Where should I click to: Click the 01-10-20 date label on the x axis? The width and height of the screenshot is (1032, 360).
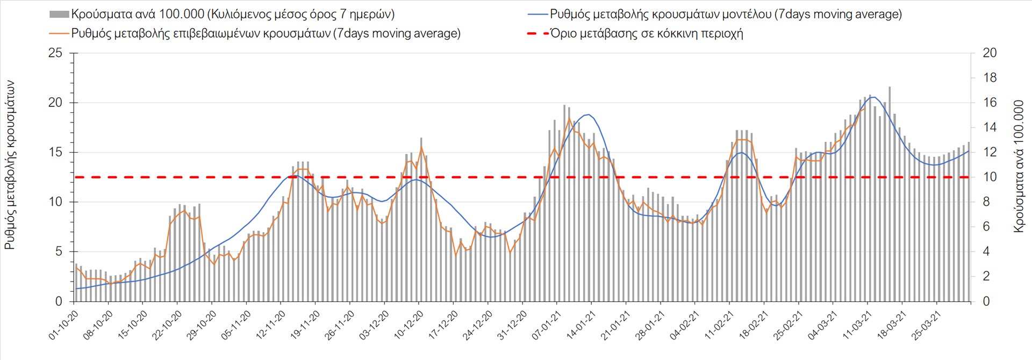pos(63,325)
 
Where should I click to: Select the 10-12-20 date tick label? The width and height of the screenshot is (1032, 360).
pos(409,325)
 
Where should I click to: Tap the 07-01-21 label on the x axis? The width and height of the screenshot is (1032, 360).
pos(547,325)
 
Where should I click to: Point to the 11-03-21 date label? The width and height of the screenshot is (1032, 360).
pos(857,325)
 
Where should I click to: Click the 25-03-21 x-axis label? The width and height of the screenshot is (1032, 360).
pos(927,325)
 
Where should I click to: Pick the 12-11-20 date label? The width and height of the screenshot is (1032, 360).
pos(271,325)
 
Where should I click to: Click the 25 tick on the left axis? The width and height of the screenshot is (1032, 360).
pos(55,53)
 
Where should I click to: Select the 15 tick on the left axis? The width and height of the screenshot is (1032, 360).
pos(55,153)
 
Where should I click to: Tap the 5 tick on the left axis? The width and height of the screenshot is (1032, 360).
pos(59,252)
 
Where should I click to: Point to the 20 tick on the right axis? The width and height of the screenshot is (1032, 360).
pos(990,53)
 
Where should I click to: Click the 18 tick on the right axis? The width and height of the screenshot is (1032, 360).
pos(990,78)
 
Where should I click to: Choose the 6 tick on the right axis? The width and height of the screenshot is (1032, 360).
pos(986,227)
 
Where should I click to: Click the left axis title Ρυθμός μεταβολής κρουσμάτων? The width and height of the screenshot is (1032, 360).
pos(10,165)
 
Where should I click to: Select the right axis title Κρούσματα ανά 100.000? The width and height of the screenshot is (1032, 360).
pos(1019,166)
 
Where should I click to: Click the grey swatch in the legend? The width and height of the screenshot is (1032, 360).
pos(59,15)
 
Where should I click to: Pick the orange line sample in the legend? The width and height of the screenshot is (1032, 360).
pos(60,33)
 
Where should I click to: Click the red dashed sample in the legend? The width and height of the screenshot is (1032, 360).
pos(538,33)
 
